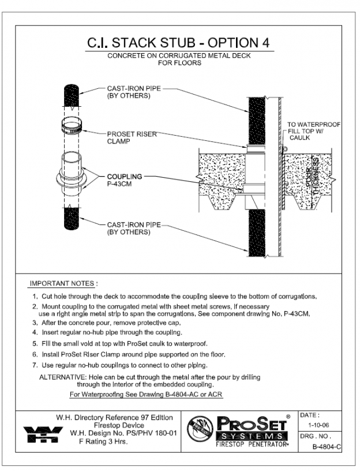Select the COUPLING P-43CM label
123,178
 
